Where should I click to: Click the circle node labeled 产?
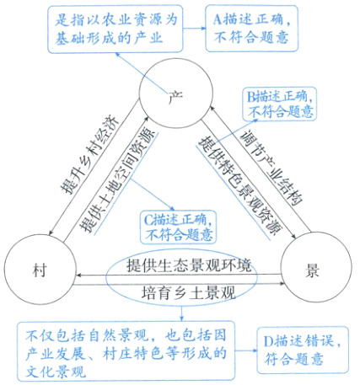tap(175, 94)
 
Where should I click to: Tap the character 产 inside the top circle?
tap(175, 94)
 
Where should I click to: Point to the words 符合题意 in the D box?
tap(301, 357)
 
